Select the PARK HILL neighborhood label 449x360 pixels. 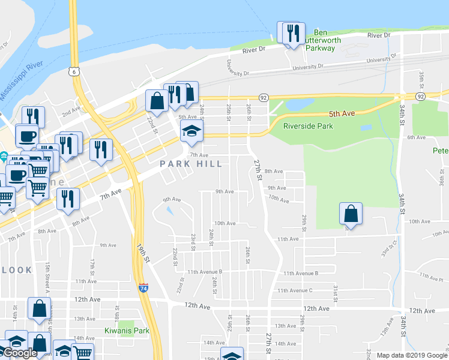191,164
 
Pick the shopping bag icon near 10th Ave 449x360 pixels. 351,214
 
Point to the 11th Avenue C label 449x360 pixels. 295,290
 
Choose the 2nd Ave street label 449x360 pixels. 71,112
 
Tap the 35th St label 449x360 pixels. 422,77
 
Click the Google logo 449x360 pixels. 20,353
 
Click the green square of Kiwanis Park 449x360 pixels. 126,324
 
